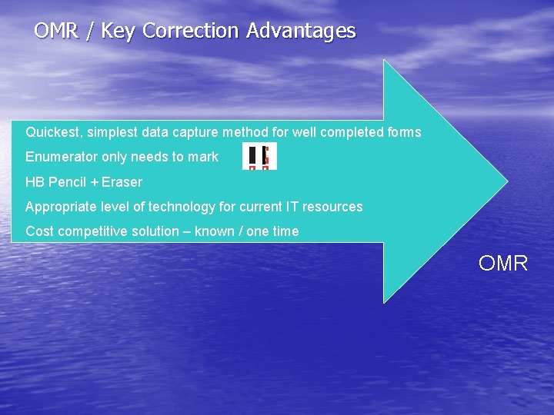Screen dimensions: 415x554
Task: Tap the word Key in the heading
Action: click(x=119, y=32)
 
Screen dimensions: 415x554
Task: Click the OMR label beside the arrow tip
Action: click(x=502, y=264)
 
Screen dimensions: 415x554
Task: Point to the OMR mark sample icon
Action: click(x=259, y=156)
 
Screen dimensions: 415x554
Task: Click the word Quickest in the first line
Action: click(x=52, y=132)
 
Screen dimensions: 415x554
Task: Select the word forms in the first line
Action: click(x=404, y=132)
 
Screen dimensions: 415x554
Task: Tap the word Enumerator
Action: click(x=58, y=157)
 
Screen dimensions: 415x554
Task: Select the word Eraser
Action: click(x=122, y=182)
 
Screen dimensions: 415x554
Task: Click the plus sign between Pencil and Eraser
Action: click(x=94, y=182)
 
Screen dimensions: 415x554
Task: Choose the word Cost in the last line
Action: click(x=39, y=231)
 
